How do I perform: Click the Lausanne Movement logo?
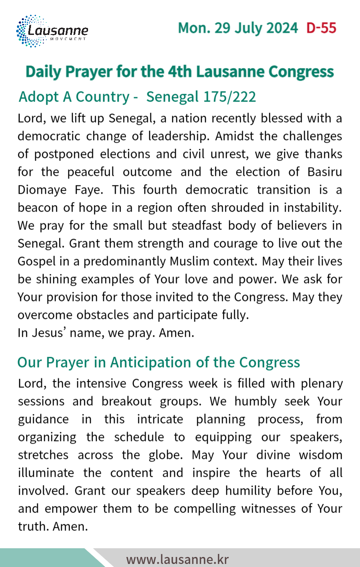click(x=52, y=31)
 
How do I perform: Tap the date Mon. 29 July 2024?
click(x=238, y=28)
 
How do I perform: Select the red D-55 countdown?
click(x=321, y=28)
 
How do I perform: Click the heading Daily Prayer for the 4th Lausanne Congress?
click(x=180, y=72)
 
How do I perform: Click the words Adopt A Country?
click(x=74, y=97)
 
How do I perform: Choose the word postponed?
click(x=56, y=154)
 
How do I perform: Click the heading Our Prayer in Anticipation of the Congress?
click(x=159, y=362)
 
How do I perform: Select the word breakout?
click(x=122, y=402)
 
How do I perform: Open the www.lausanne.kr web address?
click(x=177, y=560)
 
